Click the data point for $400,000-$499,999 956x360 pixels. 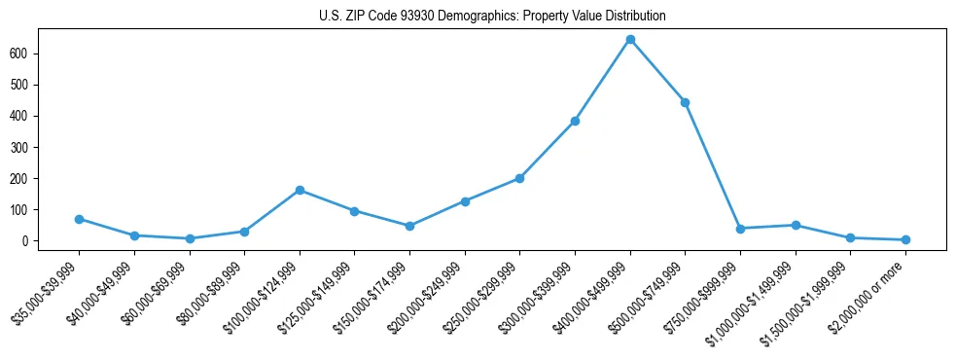click(x=630, y=40)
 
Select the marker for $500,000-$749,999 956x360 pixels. click(x=686, y=102)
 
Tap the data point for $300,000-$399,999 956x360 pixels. click(x=575, y=121)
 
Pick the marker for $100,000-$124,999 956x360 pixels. click(x=300, y=190)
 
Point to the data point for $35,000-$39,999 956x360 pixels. click(x=79, y=219)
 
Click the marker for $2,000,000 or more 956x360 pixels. click(x=905, y=239)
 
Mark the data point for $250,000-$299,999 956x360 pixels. click(x=519, y=178)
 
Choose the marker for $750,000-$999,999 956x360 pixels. click(x=740, y=229)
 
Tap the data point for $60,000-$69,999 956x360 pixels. click(x=190, y=238)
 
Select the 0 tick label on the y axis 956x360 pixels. click(x=31, y=240)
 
